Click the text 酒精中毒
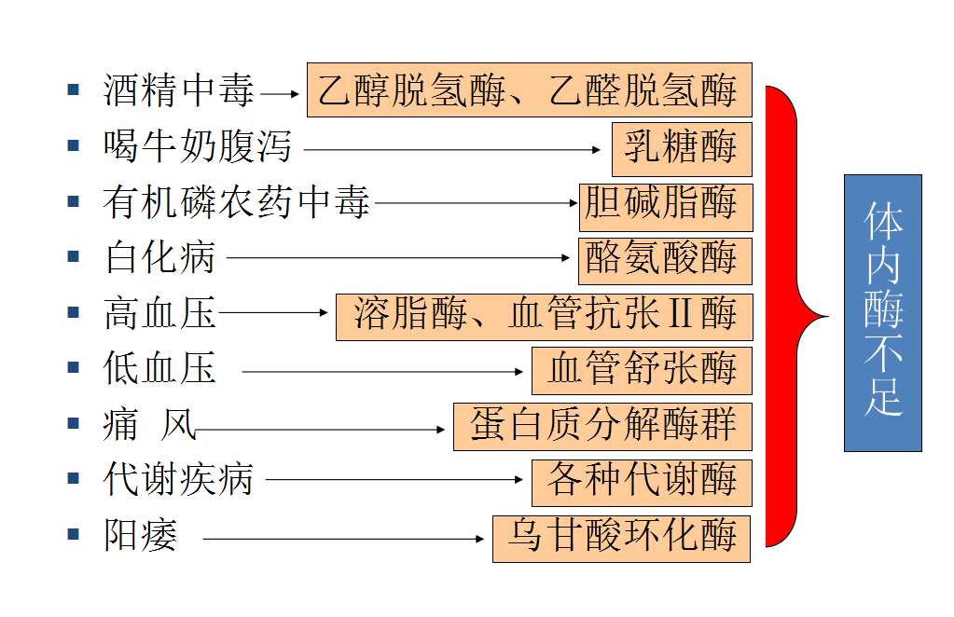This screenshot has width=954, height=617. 178,92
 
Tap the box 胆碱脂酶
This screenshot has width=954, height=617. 666,205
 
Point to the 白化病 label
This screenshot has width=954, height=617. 159,257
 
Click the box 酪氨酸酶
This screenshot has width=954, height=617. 664,260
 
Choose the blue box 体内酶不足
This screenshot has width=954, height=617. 882,312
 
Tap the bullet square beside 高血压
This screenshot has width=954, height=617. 74,312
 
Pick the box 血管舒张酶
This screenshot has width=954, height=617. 642,370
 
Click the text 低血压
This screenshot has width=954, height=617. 159,369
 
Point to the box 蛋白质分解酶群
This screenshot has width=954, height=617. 602,426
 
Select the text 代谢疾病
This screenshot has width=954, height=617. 178,481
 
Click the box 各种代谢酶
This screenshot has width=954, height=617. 642,481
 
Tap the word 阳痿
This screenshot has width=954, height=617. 140,537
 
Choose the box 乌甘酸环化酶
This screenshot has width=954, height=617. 621,538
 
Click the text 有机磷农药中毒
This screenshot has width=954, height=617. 237,202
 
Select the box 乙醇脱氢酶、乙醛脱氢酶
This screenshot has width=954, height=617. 529,90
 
